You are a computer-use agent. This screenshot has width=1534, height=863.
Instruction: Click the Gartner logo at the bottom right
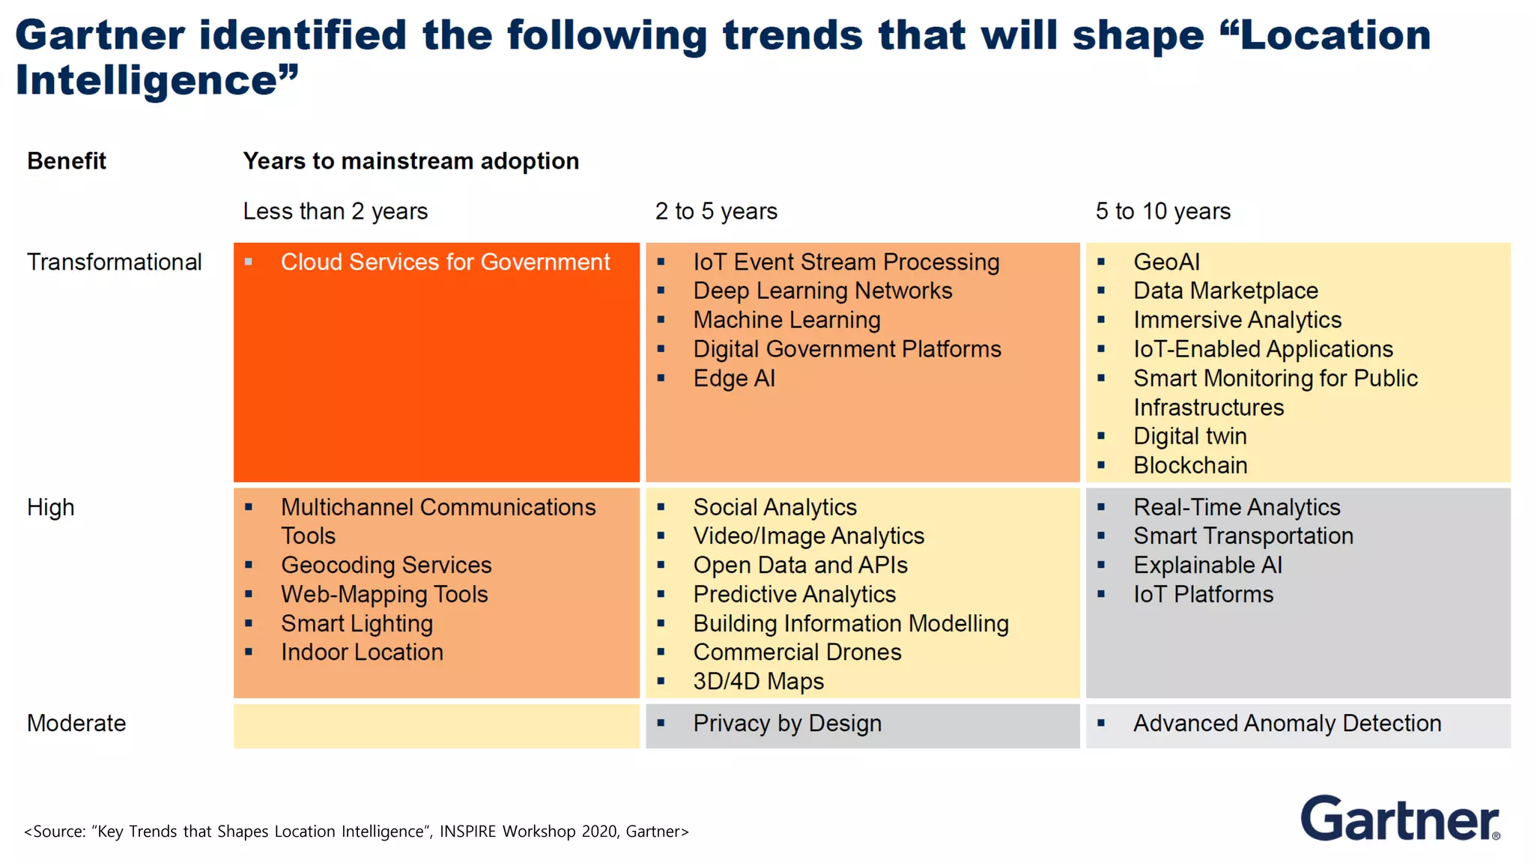[1399, 819]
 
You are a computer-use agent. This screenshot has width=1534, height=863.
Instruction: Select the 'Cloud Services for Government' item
[445, 262]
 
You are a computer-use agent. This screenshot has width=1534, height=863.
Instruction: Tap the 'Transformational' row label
[114, 262]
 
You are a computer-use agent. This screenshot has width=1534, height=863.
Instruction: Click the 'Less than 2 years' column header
[335, 211]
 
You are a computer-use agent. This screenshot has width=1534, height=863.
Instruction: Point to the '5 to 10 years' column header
[1162, 211]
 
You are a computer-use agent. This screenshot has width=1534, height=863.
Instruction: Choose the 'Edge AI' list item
[733, 378]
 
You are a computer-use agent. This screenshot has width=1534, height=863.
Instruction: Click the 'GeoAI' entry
[1166, 262]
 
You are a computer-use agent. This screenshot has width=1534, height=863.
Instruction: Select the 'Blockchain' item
[1189, 465]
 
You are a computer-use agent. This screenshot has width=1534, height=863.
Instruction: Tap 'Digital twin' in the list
[1189, 436]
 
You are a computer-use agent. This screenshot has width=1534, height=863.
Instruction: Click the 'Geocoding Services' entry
[386, 565]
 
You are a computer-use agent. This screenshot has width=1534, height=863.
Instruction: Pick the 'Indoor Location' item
[362, 652]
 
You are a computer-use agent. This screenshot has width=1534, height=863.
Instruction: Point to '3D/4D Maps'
[758, 682]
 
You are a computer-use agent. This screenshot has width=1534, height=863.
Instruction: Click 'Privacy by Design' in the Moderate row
[786, 724]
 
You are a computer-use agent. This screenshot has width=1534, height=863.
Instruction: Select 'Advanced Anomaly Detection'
[1287, 724]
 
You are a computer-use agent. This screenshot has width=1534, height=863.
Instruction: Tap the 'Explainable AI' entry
[1207, 565]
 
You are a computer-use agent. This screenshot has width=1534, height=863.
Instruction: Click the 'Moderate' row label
[76, 724]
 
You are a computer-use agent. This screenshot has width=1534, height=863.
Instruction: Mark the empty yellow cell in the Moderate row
[437, 726]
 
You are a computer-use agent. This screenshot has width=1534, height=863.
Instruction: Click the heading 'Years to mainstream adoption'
[410, 161]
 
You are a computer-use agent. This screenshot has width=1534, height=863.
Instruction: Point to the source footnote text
[356, 832]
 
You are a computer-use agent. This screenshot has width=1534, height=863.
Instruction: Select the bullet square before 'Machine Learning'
[661, 320]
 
